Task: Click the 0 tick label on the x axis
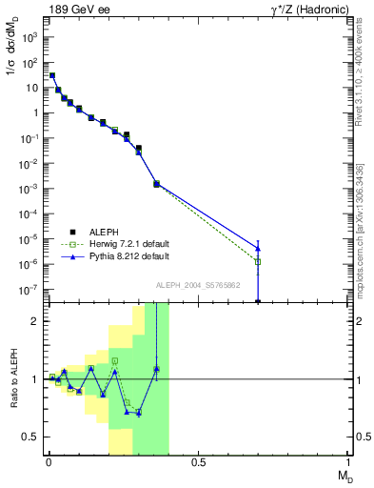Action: (49, 463)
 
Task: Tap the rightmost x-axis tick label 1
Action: (349, 463)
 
